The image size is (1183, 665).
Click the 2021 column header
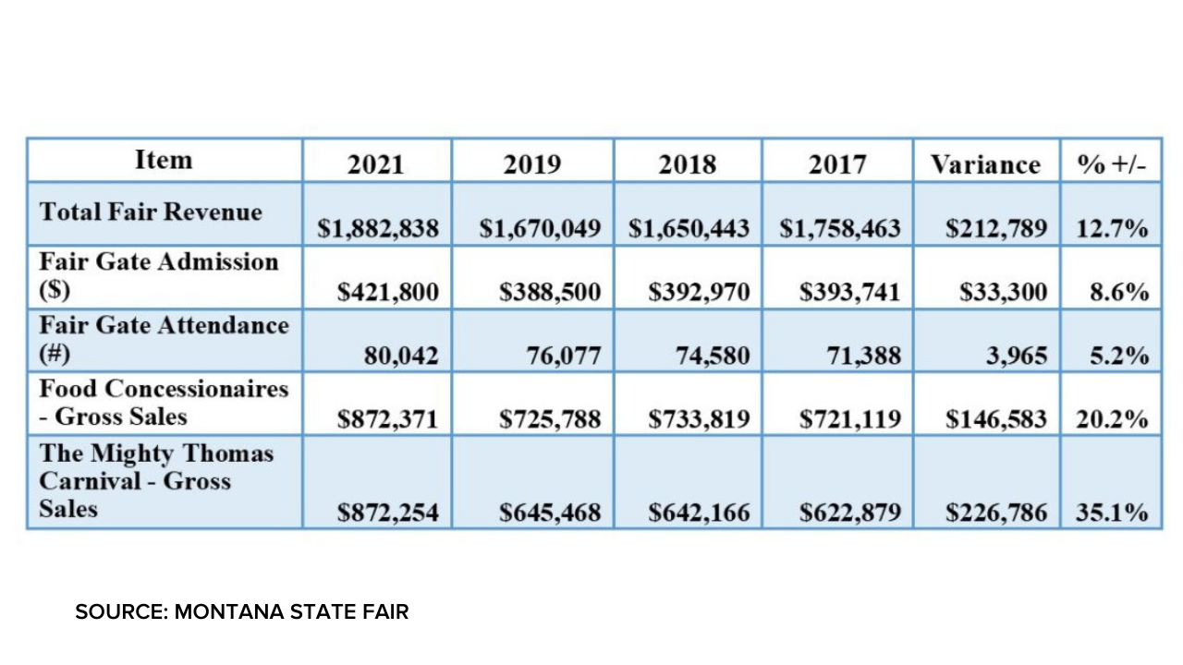click(376, 164)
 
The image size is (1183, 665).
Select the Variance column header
click(985, 164)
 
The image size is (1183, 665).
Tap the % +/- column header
click(1112, 164)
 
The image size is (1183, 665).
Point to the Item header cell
click(164, 160)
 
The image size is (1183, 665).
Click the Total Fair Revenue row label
click(151, 212)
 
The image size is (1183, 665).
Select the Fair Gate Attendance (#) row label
click(164, 339)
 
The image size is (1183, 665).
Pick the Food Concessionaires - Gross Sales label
click(164, 403)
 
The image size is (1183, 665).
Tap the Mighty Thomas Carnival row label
click(157, 481)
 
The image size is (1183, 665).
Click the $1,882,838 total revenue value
click(377, 229)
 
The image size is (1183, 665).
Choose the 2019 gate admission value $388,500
click(550, 293)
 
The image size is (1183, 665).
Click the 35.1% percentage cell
click(1112, 512)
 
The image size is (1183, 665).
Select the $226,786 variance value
click(996, 512)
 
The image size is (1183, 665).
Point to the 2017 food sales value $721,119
click(850, 420)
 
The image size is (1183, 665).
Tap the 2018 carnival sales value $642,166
click(699, 512)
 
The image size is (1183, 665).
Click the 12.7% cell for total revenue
click(1112, 229)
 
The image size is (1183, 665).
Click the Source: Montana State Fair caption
click(242, 611)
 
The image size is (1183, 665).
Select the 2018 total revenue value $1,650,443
click(689, 229)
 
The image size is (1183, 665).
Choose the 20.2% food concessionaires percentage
click(1112, 420)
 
